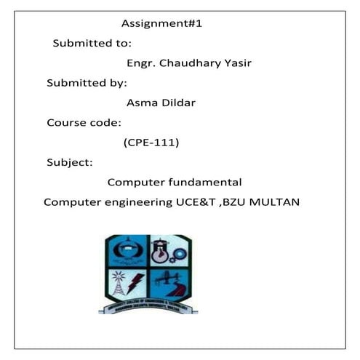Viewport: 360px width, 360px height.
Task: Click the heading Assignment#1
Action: (161, 23)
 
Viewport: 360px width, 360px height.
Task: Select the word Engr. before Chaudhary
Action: (142, 63)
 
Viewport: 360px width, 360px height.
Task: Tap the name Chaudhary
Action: (193, 63)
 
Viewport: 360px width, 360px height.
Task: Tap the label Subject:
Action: (69, 161)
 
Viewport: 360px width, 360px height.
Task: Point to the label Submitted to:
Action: (92, 43)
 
